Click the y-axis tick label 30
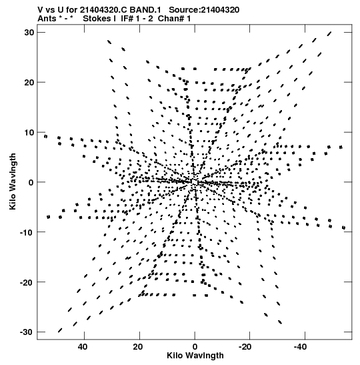click(x=29, y=33)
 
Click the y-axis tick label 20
click(x=29, y=82)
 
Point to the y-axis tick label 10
click(x=29, y=132)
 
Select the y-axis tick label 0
click(x=31, y=182)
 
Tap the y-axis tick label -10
click(x=27, y=232)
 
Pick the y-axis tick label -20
click(x=27, y=282)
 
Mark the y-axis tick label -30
click(x=27, y=332)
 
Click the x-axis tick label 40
click(x=83, y=347)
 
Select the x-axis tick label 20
click(x=138, y=347)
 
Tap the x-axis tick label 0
click(x=195, y=347)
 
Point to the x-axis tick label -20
click(x=245, y=347)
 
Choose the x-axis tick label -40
click(x=300, y=347)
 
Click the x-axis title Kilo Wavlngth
click(x=195, y=356)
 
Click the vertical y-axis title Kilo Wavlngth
click(x=13, y=181)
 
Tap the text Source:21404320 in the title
click(x=204, y=10)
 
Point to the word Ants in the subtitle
click(x=47, y=19)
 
